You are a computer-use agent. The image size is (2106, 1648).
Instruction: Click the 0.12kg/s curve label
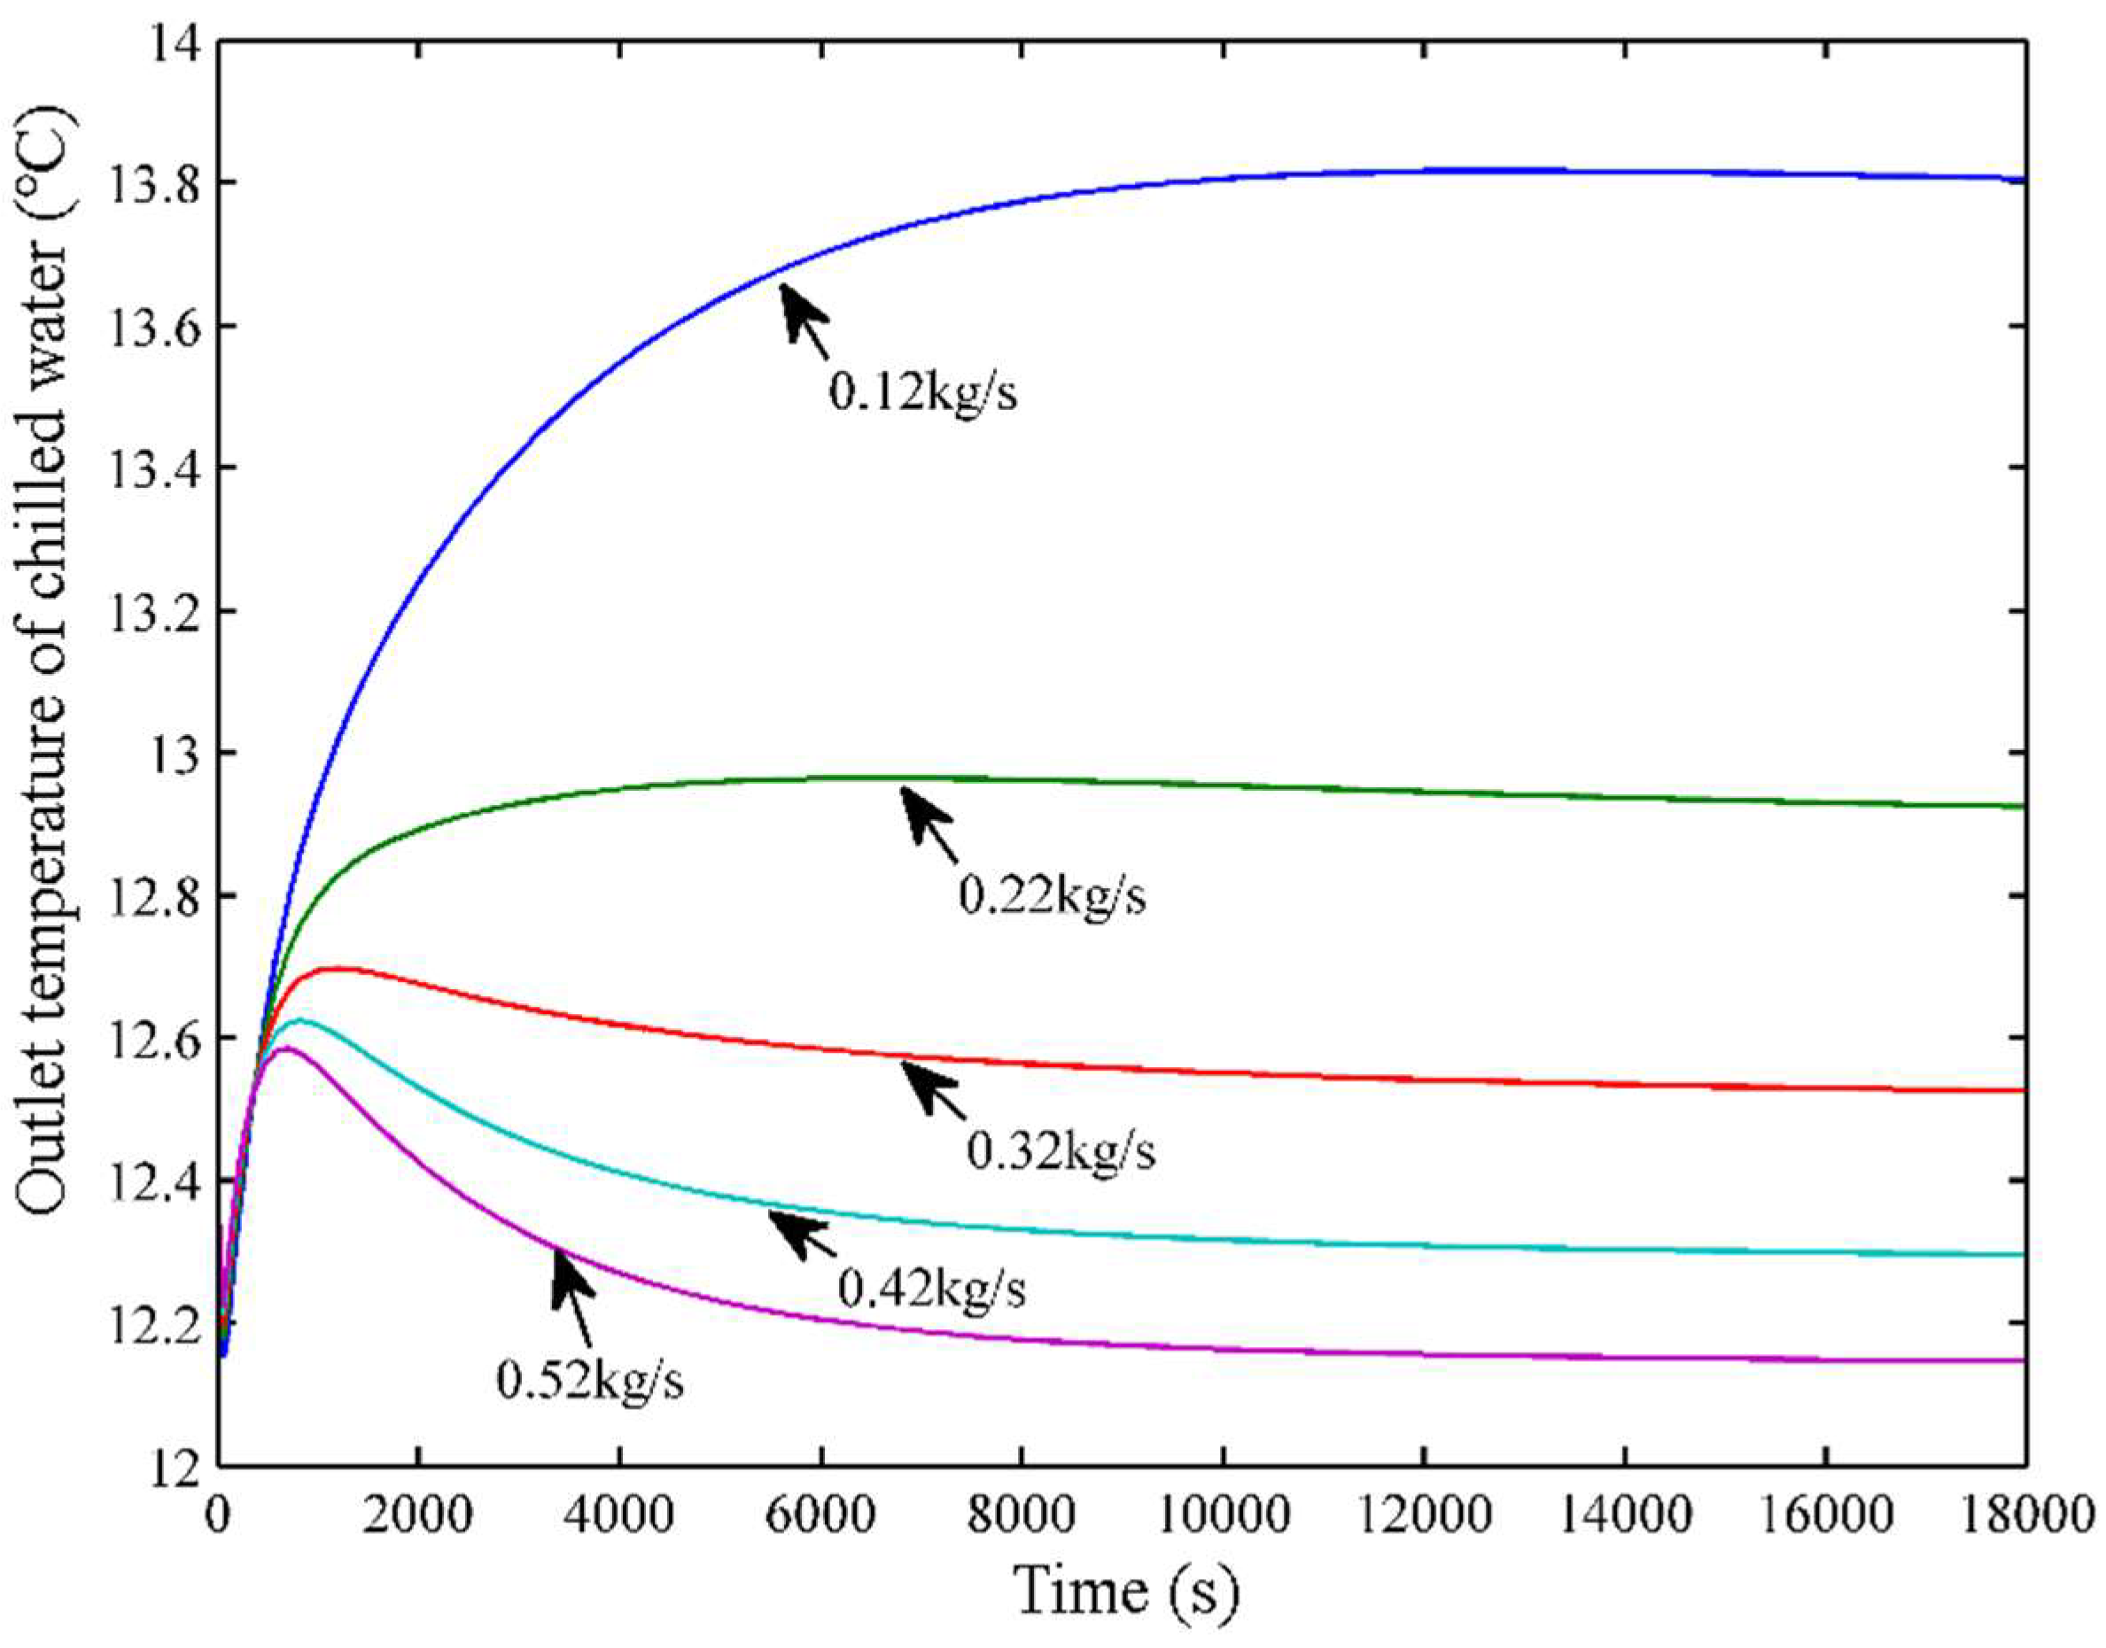pos(921,395)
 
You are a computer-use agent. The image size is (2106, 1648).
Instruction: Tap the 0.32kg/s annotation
pos(1061,1152)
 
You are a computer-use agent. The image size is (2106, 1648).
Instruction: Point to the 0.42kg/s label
pos(931,1288)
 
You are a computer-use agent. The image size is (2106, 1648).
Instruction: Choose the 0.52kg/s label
pos(590,1381)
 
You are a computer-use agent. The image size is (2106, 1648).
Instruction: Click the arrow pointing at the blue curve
pos(803,319)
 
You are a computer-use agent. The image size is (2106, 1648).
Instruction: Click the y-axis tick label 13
pos(167,754)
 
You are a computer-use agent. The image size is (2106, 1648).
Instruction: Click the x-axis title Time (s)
pos(1125,1592)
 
